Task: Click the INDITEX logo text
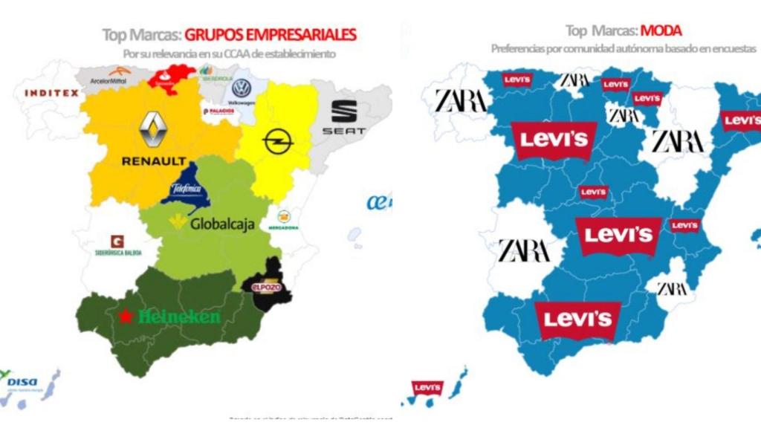click(x=51, y=93)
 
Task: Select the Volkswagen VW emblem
click(x=241, y=88)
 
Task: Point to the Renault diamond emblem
click(x=153, y=130)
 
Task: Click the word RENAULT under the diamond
click(x=155, y=160)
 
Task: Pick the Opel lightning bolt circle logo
click(x=278, y=140)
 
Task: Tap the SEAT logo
click(x=343, y=118)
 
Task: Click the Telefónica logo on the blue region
click(x=186, y=189)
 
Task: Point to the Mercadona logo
click(x=283, y=220)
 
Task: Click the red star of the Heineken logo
click(x=126, y=317)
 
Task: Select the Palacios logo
click(x=218, y=111)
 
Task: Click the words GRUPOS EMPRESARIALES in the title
click(x=271, y=34)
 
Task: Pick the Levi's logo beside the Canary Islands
click(x=428, y=388)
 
